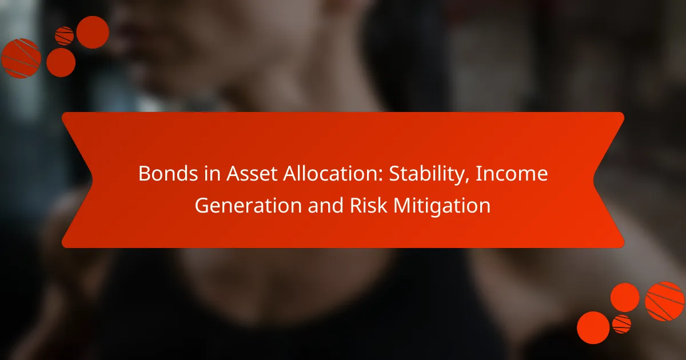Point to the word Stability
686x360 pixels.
point(426,174)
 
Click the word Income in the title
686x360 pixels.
point(511,174)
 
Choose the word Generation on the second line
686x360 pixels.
point(248,205)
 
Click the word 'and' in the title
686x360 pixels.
point(326,205)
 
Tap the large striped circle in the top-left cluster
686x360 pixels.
point(21,58)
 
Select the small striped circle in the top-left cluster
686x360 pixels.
point(64,36)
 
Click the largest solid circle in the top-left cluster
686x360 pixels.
point(93,32)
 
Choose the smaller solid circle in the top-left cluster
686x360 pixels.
point(61,62)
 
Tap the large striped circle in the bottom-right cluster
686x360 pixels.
point(664,301)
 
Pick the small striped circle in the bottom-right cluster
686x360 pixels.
point(622,324)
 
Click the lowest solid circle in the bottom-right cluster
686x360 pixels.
point(593,328)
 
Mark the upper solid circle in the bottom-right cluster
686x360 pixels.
point(625,298)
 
